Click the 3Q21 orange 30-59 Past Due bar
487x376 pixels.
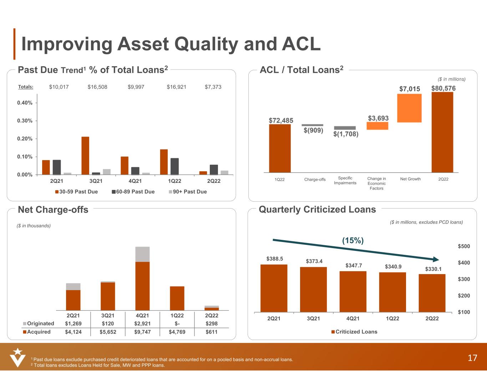pos(85,155)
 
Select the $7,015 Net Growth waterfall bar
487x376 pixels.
pos(409,108)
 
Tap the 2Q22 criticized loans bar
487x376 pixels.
pos(432,293)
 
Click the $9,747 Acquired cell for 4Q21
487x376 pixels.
pos(142,332)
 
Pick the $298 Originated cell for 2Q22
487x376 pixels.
pos(212,324)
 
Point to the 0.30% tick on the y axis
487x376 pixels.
pos(25,121)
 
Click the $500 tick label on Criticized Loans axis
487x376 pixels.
pos(464,246)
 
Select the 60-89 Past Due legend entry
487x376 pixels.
pos(133,192)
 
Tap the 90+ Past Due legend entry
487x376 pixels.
pos(188,192)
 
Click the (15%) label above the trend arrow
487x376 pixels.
pos(353,241)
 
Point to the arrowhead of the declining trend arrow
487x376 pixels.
pos(436,259)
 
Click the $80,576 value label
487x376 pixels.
pos(443,88)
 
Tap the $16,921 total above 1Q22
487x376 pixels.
pos(176,87)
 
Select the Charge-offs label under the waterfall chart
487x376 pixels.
pos(315,179)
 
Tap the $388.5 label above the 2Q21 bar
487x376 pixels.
pos(274,258)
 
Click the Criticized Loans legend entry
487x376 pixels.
pos(354,332)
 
